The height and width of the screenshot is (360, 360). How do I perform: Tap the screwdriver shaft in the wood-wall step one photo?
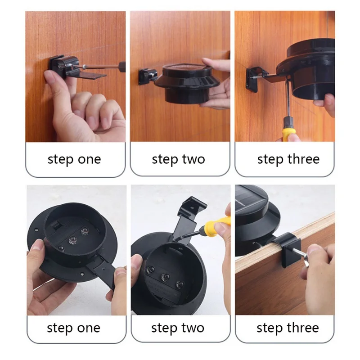pyautogui.click(x=101, y=67)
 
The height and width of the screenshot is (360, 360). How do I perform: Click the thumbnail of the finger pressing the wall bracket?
pyautogui.click(x=49, y=76)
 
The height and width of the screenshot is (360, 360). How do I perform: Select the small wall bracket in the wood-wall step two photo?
pyautogui.click(x=148, y=76)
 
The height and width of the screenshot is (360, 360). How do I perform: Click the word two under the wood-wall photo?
pyautogui.click(x=193, y=159)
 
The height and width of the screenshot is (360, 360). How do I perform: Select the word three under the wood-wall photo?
pyautogui.click(x=303, y=159)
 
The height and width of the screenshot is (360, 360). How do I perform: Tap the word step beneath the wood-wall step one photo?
pyautogui.click(x=60, y=160)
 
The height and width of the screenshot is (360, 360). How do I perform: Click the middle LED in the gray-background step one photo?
pyautogui.click(x=72, y=240)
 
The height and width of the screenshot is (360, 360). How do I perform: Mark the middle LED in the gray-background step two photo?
pyautogui.click(x=165, y=277)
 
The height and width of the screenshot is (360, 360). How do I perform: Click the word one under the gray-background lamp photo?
pyautogui.click(x=89, y=328)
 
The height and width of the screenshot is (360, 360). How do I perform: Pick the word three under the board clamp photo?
pyautogui.click(x=302, y=328)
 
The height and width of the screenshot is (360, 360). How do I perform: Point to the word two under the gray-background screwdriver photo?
pyautogui.click(x=193, y=328)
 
